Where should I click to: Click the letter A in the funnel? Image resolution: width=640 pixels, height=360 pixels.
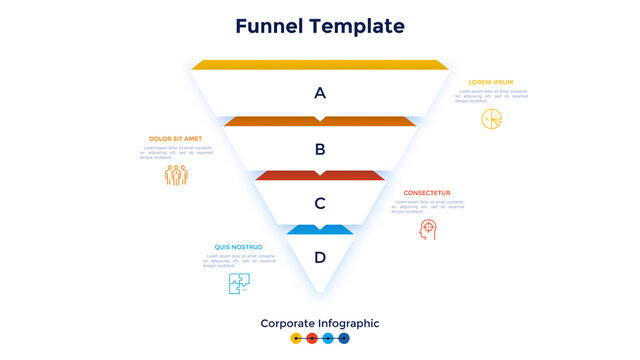[320, 93]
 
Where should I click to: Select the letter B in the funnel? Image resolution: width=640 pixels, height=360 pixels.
[320, 150]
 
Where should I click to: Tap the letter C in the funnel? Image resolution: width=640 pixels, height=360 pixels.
[320, 203]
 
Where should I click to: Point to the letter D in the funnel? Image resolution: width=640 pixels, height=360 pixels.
[320, 257]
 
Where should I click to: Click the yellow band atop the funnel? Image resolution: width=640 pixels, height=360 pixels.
[320, 65]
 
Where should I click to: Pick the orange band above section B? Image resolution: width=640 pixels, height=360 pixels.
[320, 122]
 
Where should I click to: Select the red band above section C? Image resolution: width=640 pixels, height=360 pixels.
[320, 175]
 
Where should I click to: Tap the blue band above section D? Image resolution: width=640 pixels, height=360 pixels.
[320, 230]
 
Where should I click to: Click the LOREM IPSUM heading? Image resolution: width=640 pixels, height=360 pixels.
[491, 82]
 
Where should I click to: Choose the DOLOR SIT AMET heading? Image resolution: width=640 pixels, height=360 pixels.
[175, 139]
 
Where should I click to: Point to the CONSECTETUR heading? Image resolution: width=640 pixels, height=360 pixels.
[427, 193]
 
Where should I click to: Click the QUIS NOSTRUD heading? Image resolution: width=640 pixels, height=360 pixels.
[238, 247]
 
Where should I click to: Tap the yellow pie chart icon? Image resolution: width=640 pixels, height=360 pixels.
[491, 119]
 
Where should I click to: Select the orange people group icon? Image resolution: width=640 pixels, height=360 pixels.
[177, 175]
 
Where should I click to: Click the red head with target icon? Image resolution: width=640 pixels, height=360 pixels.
[428, 229]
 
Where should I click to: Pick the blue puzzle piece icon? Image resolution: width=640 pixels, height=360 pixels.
[239, 283]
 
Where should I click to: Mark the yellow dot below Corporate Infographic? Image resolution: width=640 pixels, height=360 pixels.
[295, 339]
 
